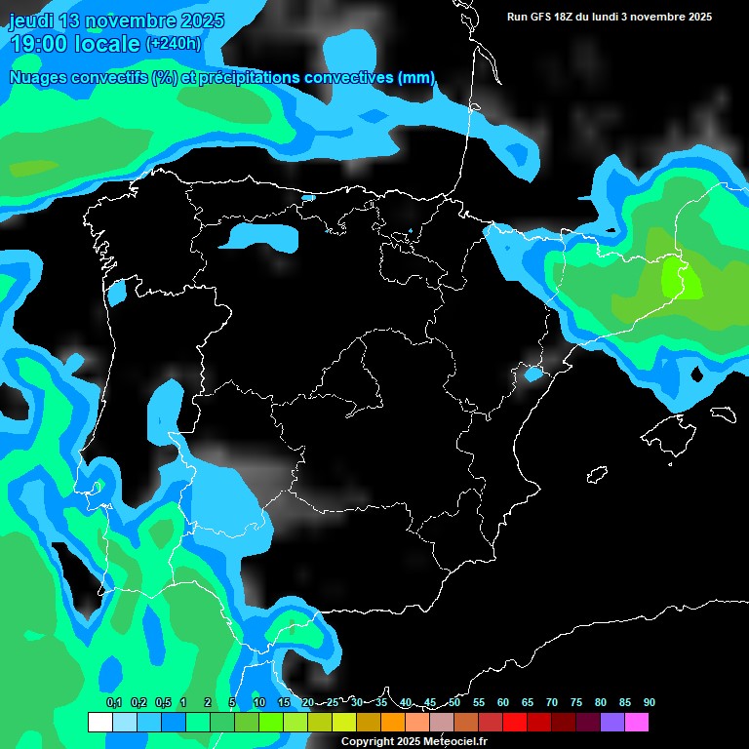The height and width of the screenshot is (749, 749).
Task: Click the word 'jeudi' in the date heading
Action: (31, 20)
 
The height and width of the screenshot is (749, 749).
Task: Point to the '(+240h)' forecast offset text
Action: (173, 43)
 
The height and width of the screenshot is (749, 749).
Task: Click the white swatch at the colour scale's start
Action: (99, 722)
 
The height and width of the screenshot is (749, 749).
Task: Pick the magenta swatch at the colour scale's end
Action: (636, 722)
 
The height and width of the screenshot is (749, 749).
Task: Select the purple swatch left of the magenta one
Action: (611, 722)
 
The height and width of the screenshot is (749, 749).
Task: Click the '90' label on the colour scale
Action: (649, 702)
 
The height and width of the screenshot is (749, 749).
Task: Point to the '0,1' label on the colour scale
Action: (113, 702)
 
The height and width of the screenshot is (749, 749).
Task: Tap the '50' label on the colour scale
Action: (454, 702)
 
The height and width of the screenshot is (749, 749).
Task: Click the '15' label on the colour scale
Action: (283, 702)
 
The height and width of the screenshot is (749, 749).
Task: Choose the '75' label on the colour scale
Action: (575, 702)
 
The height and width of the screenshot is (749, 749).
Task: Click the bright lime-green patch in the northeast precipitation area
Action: (680, 279)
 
